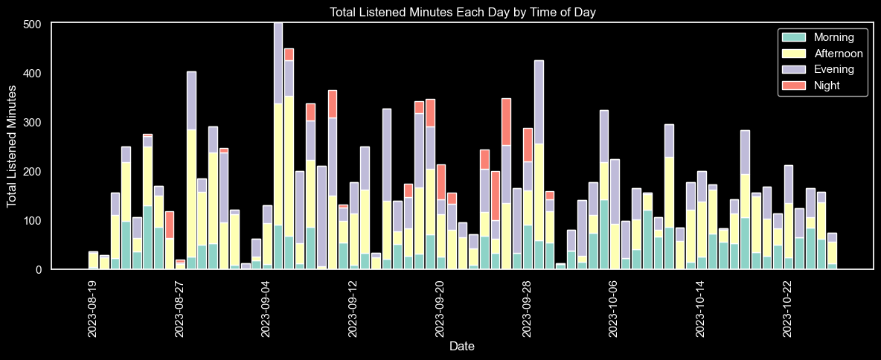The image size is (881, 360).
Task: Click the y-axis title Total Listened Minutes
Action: (x=12, y=146)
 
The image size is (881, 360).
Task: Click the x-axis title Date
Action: (x=461, y=347)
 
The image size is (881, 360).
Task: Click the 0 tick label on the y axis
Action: (x=42, y=270)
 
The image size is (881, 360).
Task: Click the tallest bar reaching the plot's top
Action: (x=278, y=149)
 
